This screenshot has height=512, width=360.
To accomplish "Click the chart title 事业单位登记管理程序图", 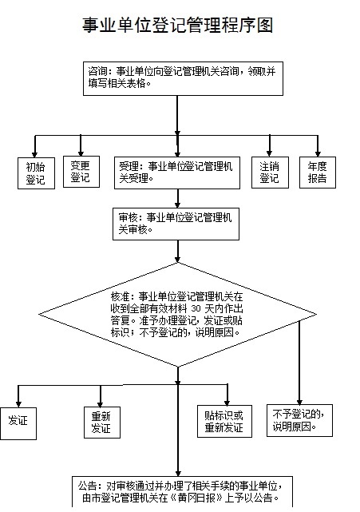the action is tap(177, 25).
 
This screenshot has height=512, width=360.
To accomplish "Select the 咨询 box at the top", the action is tap(183, 78).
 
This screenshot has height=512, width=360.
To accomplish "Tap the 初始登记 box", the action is tap(36, 173).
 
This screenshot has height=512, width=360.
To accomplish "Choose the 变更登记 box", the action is tap(81, 172).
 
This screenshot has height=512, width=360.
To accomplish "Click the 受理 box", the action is tap(177, 173).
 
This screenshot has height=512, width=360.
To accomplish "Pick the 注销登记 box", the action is tap(270, 173).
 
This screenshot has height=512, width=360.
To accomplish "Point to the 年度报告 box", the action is tap(318, 173).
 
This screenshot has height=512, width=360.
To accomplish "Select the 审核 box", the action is tap(176, 224).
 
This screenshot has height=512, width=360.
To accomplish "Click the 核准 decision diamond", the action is tap(177, 315).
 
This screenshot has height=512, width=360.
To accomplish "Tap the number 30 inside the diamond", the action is tap(196, 308).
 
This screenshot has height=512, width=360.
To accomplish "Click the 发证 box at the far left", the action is tap(18, 423).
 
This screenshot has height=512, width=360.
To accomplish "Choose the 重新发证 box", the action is tap(102, 423).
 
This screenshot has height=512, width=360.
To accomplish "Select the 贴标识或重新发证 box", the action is tap(224, 421).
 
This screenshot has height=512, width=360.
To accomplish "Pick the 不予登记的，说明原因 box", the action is tap(299, 421).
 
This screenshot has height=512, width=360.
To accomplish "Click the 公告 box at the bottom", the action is tap(182, 492).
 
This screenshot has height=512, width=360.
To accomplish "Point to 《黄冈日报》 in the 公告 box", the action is tap(196, 498).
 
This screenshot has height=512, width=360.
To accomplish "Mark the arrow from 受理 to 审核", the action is tap(177, 198).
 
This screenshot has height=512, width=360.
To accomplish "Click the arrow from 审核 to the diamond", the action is tap(177, 252).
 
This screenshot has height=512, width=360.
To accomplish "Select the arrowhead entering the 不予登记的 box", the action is tap(299, 402).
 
